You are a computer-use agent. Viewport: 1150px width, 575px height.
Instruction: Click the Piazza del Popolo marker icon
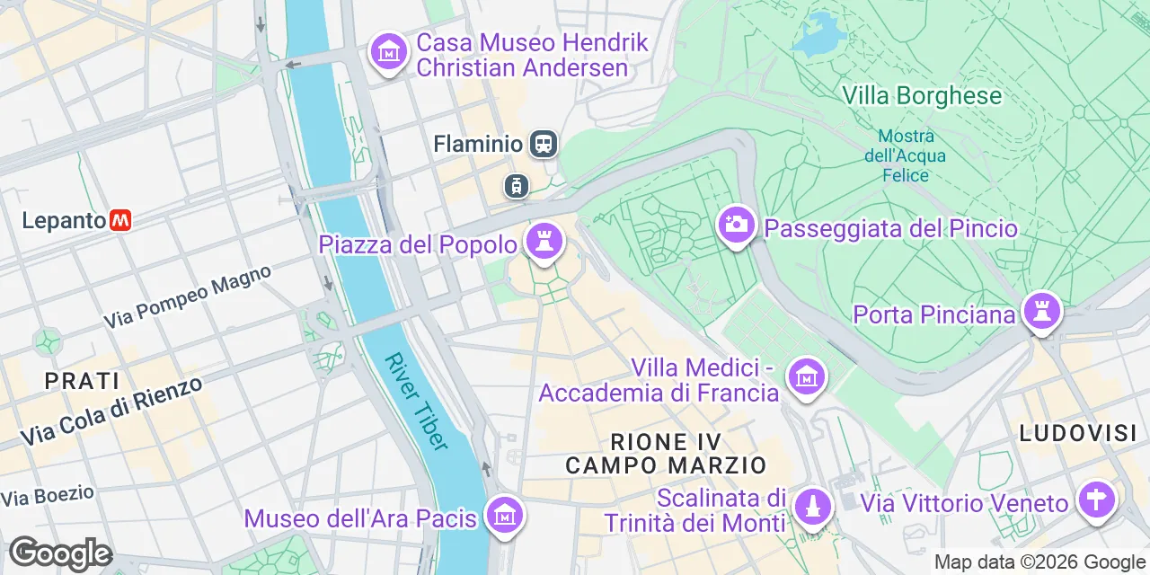[x=544, y=241]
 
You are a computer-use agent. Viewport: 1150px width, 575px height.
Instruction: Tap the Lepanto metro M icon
[x=120, y=220]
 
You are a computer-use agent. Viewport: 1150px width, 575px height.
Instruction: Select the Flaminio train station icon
[x=543, y=144]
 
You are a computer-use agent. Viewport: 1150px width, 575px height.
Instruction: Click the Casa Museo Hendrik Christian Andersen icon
[x=388, y=52]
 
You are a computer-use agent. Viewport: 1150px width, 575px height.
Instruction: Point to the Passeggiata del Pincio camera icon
[x=736, y=225]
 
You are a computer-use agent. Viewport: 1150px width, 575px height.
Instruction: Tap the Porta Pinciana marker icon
[x=1041, y=312]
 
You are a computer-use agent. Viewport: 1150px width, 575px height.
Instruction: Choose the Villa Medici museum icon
[x=806, y=377]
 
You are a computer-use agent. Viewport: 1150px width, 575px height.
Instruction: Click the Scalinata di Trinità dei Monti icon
[x=813, y=505]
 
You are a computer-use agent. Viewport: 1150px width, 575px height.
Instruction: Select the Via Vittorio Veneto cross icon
[x=1095, y=500]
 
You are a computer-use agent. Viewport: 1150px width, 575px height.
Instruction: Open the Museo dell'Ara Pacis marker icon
[x=505, y=515]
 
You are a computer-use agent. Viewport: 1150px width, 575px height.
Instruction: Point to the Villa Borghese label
[x=921, y=96]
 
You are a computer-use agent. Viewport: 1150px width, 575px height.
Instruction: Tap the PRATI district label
[x=83, y=381]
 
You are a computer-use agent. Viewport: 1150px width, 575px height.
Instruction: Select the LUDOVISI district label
[x=1078, y=434]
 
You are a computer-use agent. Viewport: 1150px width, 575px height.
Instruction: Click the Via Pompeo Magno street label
[x=187, y=296]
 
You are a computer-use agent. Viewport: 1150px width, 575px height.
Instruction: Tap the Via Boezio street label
[x=47, y=495]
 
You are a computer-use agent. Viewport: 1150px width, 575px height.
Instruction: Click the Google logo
[x=60, y=554]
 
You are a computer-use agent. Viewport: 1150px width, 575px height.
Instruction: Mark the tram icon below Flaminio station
[x=516, y=186]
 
